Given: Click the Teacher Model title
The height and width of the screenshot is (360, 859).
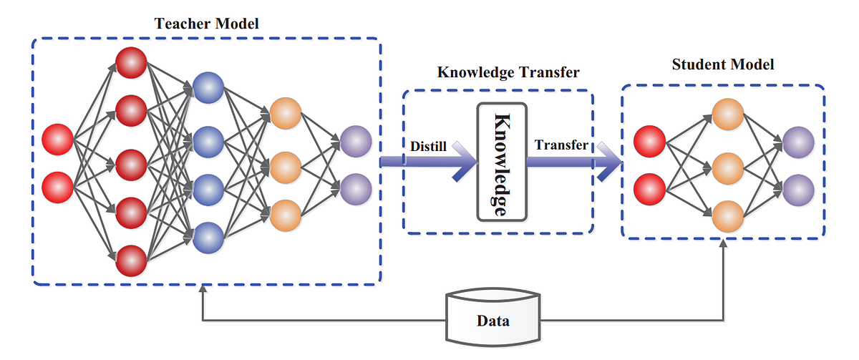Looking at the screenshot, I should pyautogui.click(x=207, y=23).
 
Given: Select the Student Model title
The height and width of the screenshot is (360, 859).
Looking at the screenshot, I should pyautogui.click(x=723, y=64).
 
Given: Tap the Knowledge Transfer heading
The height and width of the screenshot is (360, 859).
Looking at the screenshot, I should pyautogui.click(x=508, y=72).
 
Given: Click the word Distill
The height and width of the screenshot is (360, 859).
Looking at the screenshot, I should pyautogui.click(x=429, y=146).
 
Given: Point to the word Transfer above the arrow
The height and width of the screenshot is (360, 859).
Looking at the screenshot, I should pyautogui.click(x=561, y=145).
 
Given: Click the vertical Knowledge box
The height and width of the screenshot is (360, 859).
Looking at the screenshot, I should pyautogui.click(x=501, y=162).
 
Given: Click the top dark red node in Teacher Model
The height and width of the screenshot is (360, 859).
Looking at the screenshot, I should pyautogui.click(x=132, y=63).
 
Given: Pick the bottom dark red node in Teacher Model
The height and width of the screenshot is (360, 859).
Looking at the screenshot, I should pyautogui.click(x=132, y=260).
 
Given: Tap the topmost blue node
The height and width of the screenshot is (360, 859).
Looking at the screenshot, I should pyautogui.click(x=208, y=87).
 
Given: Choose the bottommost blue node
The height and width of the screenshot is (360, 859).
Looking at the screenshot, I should pyautogui.click(x=208, y=235).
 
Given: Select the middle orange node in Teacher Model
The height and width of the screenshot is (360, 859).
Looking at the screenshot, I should pyautogui.click(x=286, y=165).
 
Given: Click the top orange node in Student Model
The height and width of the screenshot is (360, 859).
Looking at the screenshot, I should pyautogui.click(x=727, y=116).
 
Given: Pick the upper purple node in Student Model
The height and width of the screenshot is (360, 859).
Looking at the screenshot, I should pyautogui.click(x=797, y=142).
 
